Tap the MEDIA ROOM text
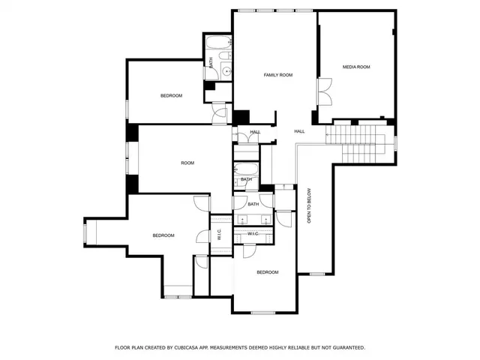(356, 67)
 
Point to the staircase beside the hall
(357, 139)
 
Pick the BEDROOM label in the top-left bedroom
(171, 95)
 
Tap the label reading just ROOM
(187, 163)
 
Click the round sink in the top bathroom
(226, 71)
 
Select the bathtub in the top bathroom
(220, 43)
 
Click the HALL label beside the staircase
(299, 131)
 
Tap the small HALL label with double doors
(255, 132)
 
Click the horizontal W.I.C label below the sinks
(253, 234)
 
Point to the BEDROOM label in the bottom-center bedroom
(268, 272)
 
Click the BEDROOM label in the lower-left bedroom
(163, 235)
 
